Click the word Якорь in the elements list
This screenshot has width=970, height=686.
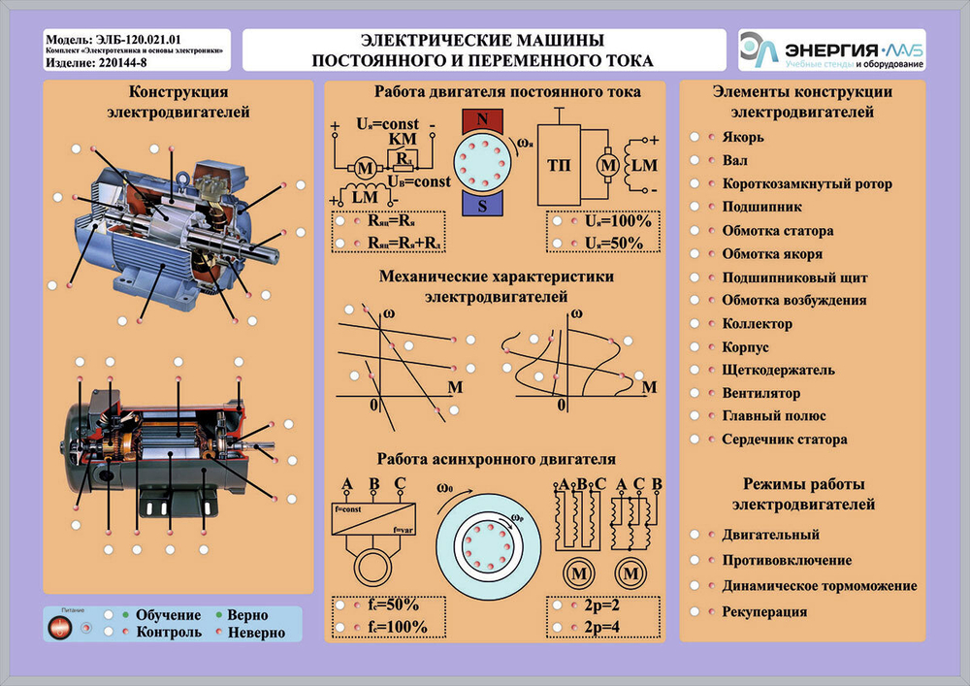click(742, 137)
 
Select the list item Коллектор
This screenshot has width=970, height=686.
click(757, 323)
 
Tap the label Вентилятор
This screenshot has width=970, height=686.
click(760, 393)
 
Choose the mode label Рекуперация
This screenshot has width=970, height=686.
click(764, 611)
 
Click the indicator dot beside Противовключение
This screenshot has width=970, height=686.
click(695, 561)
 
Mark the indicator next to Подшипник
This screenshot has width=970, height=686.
click(695, 208)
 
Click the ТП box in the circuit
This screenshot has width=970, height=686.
click(558, 165)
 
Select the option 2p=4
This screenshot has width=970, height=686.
click(601, 626)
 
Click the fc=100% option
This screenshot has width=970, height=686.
click(397, 626)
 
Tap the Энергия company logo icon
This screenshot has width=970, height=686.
click(760, 49)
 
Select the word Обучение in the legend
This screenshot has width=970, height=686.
click(168, 615)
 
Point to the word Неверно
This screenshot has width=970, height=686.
click(257, 633)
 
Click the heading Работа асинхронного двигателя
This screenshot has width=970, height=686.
click(497, 459)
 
